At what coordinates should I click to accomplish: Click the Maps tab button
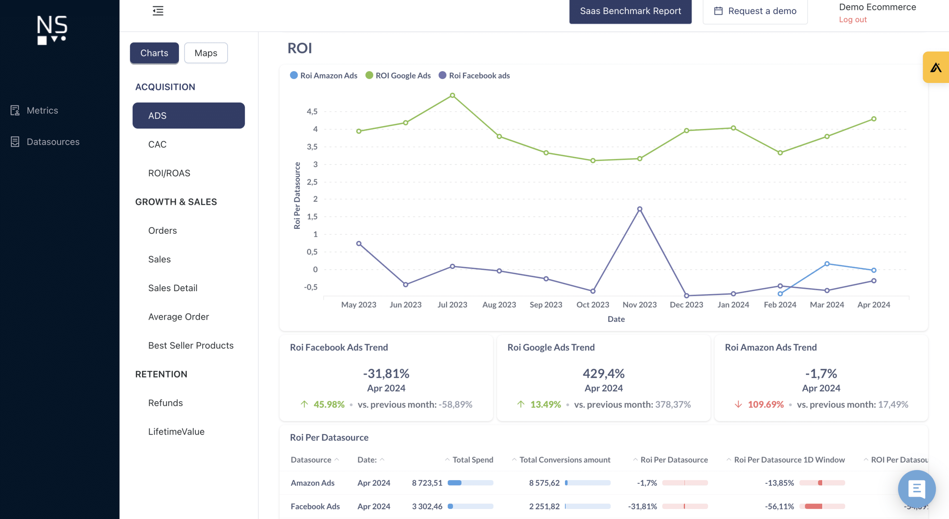[x=206, y=53]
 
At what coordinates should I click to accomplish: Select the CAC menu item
[x=157, y=144]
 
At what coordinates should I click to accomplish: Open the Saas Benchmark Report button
[x=630, y=11]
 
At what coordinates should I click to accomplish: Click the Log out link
[x=853, y=20]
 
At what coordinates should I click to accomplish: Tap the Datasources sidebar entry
[x=53, y=142]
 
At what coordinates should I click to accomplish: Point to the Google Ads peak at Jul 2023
[x=452, y=96]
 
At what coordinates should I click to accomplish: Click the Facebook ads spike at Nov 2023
[x=639, y=209]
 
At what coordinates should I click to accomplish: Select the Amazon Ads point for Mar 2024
[x=827, y=264]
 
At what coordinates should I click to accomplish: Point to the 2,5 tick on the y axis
[x=312, y=182]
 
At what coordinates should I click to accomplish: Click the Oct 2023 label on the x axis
[x=592, y=305]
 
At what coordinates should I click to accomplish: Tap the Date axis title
[x=616, y=319]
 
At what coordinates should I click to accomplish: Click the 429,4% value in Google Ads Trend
[x=604, y=373]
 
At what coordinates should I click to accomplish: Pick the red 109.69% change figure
[x=766, y=405]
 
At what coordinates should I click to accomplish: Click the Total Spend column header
[x=473, y=460]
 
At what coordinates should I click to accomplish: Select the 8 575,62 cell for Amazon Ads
[x=544, y=483]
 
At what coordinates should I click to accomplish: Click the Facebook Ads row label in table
[x=315, y=506]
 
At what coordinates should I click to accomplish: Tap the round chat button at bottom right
[x=916, y=489]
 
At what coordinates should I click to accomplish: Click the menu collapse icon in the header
[x=158, y=11]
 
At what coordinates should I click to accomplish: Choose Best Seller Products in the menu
[x=191, y=346]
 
